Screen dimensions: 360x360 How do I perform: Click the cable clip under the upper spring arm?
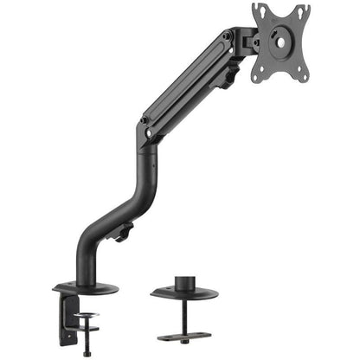(227, 80)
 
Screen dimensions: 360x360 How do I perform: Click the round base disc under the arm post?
(87, 285)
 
